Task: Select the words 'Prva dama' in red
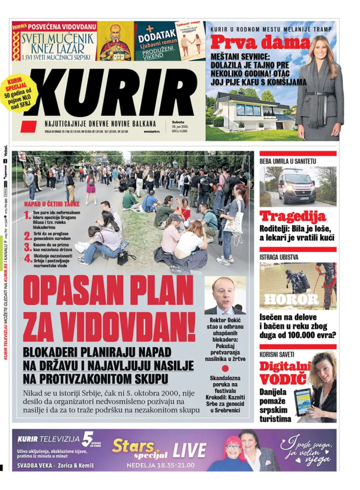260,42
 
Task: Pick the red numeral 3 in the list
28,247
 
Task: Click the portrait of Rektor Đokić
225,296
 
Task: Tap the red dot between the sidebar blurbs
225,369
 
